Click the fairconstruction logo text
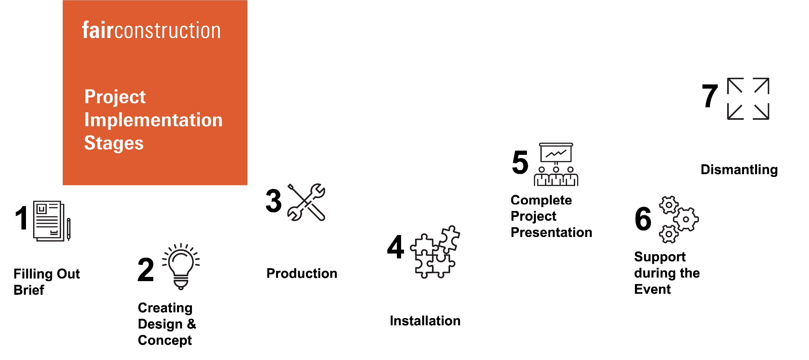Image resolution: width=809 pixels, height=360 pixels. (151, 31)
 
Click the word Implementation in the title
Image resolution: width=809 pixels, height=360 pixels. (153, 120)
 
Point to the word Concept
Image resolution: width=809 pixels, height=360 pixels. (165, 340)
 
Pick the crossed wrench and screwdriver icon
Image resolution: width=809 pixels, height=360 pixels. (306, 202)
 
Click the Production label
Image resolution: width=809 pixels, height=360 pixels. (302, 273)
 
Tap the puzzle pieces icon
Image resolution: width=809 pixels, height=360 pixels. (435, 252)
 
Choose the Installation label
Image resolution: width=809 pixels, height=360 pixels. (425, 321)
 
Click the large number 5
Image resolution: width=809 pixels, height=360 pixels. (520, 162)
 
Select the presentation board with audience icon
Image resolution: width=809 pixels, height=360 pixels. (556, 164)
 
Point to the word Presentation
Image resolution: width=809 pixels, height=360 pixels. (551, 232)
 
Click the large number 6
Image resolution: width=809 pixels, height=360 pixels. (643, 219)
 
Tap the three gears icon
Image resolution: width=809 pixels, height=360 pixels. (679, 219)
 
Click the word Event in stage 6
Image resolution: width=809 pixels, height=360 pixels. (652, 289)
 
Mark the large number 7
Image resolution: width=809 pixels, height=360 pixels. (710, 96)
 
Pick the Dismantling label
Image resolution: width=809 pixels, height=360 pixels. (739, 169)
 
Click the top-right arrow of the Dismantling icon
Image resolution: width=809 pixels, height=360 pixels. (762, 86)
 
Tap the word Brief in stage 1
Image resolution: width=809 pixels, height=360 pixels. (29, 290)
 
